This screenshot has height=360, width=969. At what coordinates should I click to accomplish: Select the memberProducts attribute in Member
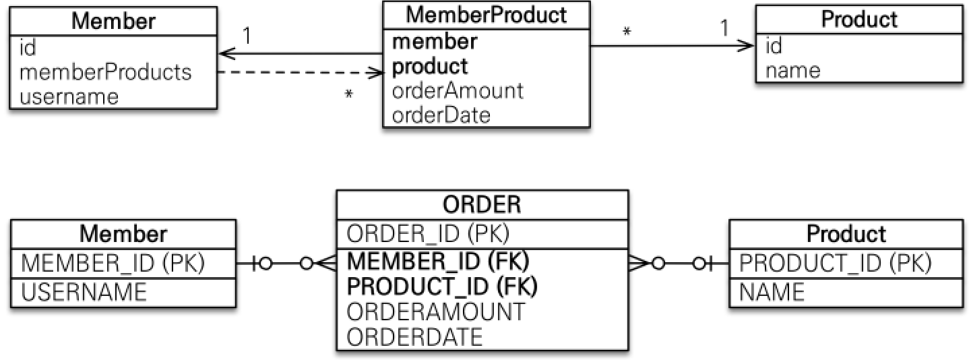point(106,72)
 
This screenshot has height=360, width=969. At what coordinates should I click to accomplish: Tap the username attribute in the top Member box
point(69,96)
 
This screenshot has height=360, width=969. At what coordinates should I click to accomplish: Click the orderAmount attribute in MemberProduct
point(458,90)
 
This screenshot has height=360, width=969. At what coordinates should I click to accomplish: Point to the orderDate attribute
point(441,115)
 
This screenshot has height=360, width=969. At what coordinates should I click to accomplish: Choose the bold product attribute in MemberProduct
point(429,66)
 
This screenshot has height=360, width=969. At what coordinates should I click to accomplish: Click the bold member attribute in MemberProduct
point(435,42)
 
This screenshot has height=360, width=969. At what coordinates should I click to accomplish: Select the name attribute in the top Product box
point(793,70)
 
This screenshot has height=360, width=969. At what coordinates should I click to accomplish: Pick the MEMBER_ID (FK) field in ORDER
point(438,262)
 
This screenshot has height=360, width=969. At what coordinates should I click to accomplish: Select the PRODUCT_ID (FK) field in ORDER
point(442,286)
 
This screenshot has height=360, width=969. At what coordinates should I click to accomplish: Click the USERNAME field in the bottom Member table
point(84,292)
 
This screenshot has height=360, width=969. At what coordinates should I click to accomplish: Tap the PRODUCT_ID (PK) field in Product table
point(836,264)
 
